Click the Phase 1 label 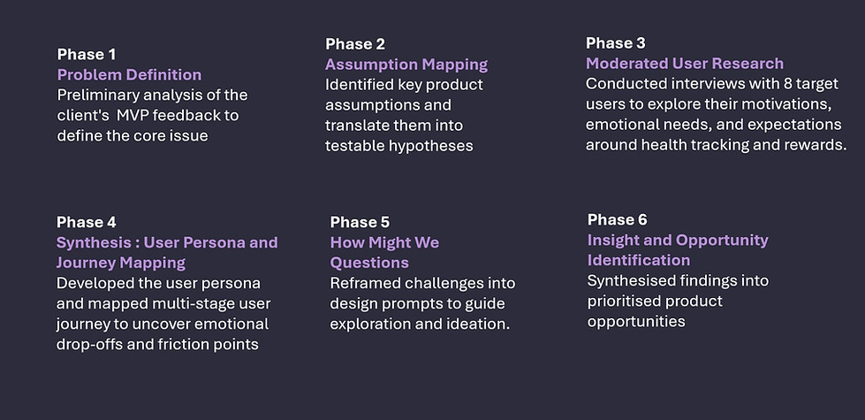pyautogui.click(x=87, y=54)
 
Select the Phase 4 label pyautogui.click(x=87, y=222)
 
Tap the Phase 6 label pyautogui.click(x=617, y=219)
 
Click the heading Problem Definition pyautogui.click(x=130, y=74)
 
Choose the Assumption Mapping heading pyautogui.click(x=406, y=64)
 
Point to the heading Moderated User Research pyautogui.click(x=685, y=63)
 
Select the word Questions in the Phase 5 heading pyautogui.click(x=369, y=263)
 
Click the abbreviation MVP pyautogui.click(x=140, y=115)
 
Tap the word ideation pyautogui.click(x=482, y=324)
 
